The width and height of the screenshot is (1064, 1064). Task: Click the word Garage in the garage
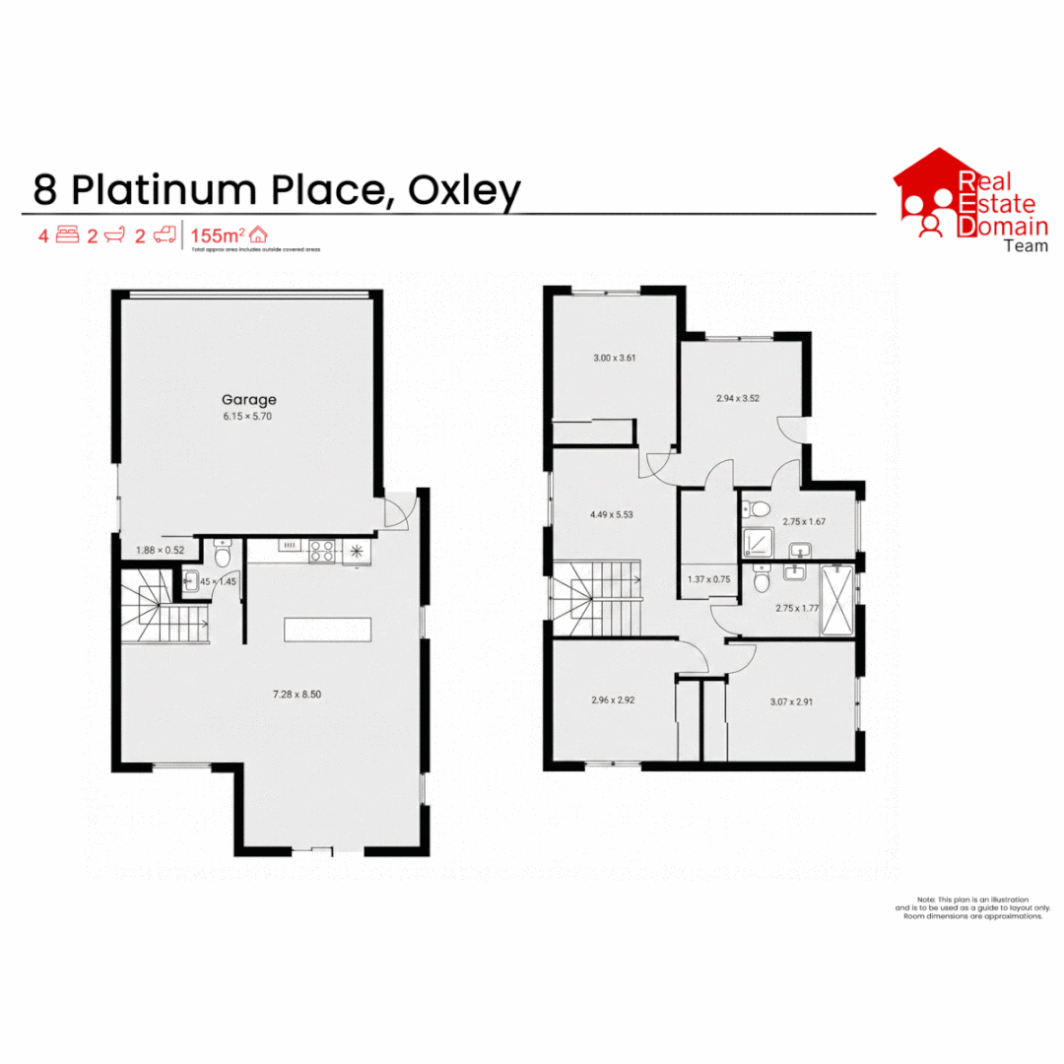(248, 400)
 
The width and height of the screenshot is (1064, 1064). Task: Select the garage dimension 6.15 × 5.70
(248, 416)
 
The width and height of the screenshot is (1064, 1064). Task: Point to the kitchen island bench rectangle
(328, 629)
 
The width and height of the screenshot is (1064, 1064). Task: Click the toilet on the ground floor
(222, 555)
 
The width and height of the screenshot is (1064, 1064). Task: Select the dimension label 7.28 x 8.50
(298, 695)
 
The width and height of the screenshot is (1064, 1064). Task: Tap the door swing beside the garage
(396, 510)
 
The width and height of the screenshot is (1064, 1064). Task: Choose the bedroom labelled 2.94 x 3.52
(737, 399)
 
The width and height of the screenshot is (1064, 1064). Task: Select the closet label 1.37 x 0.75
(708, 579)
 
